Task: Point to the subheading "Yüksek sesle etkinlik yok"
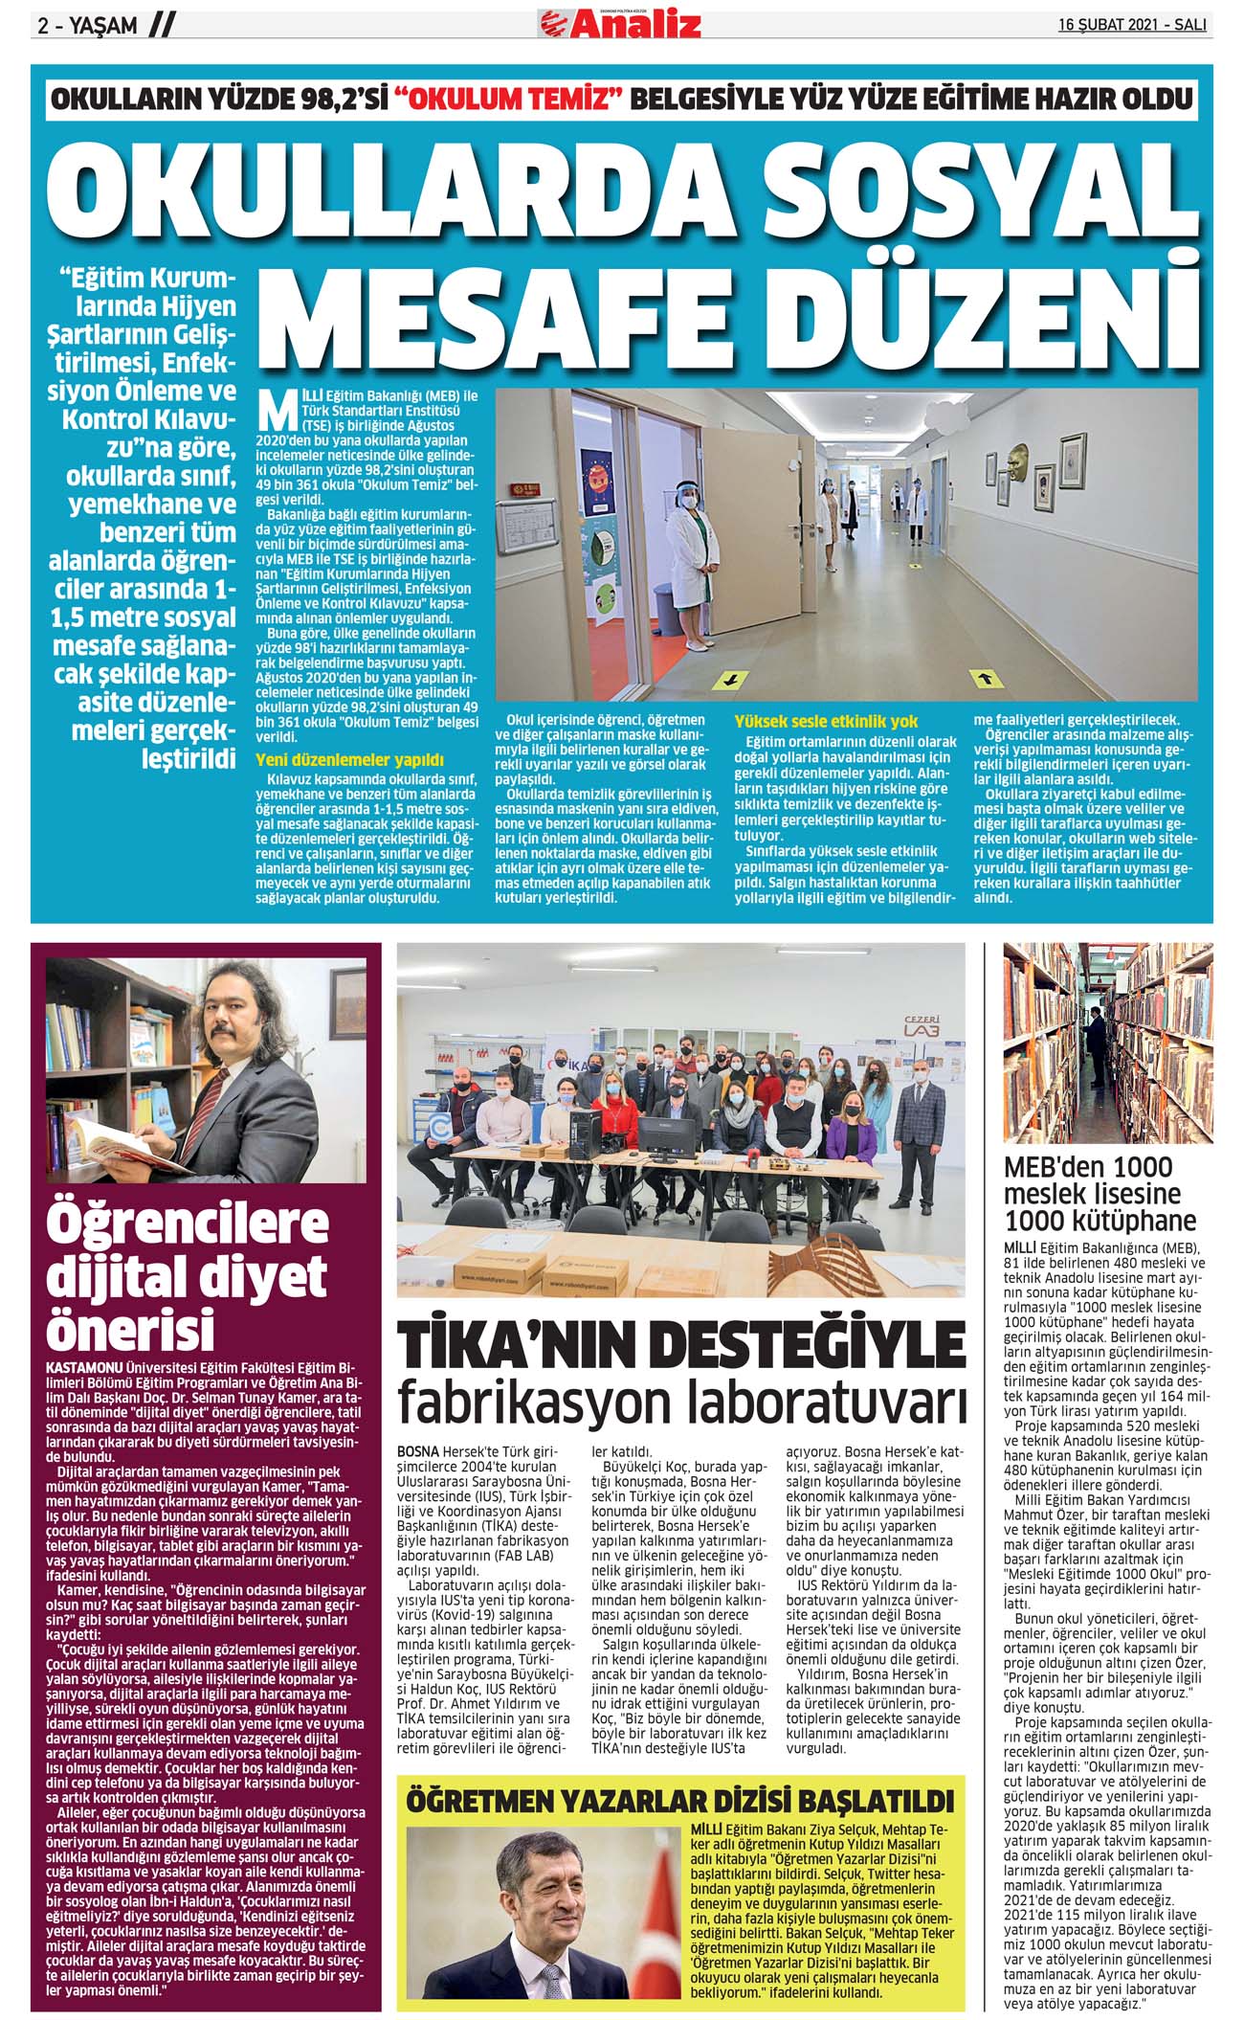pyautogui.click(x=826, y=721)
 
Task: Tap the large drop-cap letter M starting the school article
pyautogui.click(x=278, y=409)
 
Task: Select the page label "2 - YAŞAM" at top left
pyautogui.click(x=87, y=26)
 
